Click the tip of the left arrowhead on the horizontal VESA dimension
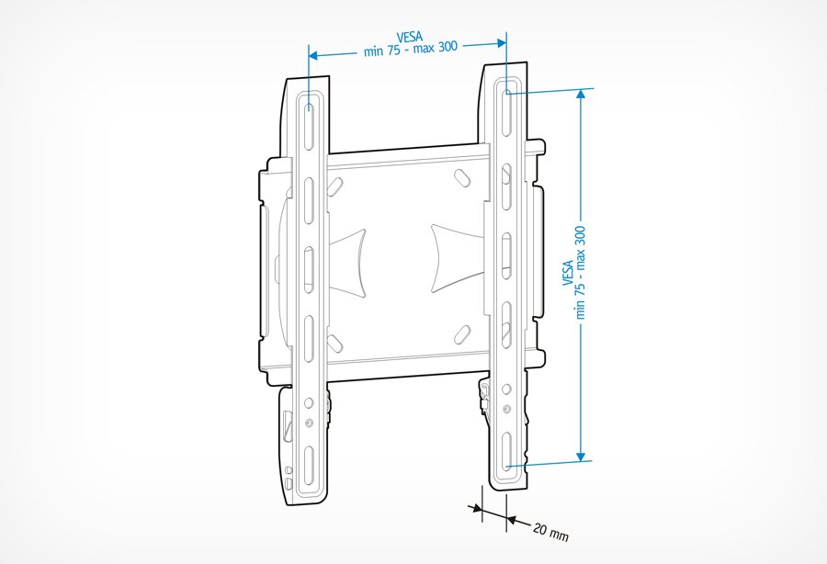309,55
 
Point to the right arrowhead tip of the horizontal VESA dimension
506,43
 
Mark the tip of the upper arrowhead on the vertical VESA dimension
581,89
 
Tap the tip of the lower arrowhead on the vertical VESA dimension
581,462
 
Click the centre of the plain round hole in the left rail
309,403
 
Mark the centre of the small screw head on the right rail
507,409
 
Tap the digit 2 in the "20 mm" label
537,527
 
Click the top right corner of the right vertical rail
527,62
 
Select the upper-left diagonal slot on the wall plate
334,186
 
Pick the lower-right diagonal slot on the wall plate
462,334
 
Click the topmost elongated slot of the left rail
309,126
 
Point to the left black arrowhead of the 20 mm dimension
475,509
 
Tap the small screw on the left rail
309,423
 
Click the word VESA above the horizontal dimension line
410,37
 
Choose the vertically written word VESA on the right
568,273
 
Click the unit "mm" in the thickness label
559,535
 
